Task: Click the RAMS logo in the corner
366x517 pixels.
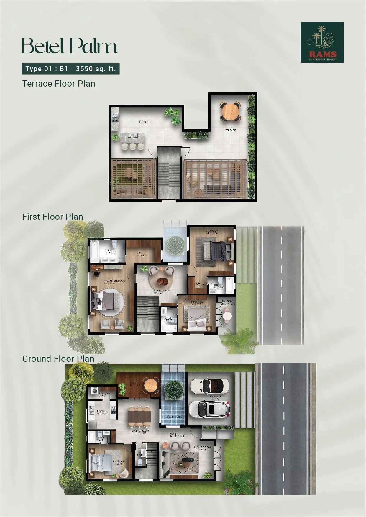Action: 322,42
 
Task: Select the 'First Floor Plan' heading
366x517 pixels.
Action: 52,217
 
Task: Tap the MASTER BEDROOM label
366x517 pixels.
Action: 114,281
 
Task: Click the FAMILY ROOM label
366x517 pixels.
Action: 162,291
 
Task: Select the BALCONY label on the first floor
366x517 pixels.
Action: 228,302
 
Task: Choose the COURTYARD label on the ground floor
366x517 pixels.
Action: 173,417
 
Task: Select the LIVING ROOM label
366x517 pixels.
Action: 202,447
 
